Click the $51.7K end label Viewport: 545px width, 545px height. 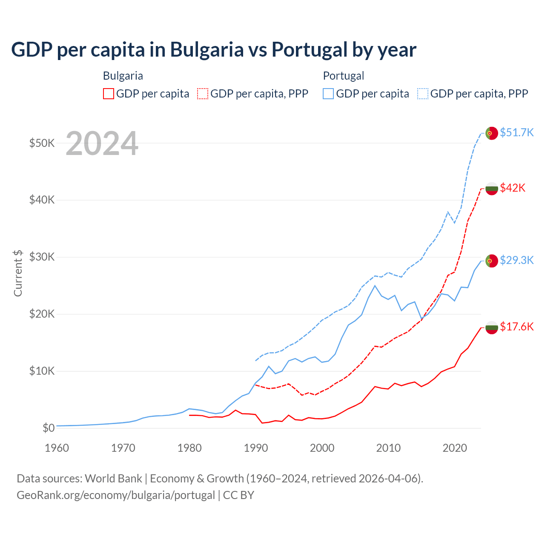point(516,132)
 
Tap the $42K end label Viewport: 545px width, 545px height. point(513,188)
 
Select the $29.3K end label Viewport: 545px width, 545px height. point(516,260)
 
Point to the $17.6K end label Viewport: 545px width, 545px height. point(516,327)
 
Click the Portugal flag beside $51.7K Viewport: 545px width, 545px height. point(492,133)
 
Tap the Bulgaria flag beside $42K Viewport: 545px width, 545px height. point(492,188)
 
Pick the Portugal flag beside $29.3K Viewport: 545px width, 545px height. point(492,261)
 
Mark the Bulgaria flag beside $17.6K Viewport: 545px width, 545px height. point(492,327)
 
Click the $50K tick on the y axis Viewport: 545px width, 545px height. point(42,143)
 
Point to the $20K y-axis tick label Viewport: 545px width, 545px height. point(42,314)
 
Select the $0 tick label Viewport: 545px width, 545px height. point(49,428)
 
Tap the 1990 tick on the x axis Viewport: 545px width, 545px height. point(256,448)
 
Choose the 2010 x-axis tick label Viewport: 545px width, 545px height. point(388,448)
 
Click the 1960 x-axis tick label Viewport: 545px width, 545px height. point(57,448)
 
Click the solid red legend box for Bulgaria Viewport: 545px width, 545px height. point(109,94)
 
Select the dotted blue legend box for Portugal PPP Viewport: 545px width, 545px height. point(423,94)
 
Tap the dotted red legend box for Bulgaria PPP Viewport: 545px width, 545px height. point(203,94)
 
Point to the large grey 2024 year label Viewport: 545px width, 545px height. point(102,144)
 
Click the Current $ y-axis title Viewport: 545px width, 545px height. point(18,273)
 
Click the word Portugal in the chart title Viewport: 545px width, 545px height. point(310,49)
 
